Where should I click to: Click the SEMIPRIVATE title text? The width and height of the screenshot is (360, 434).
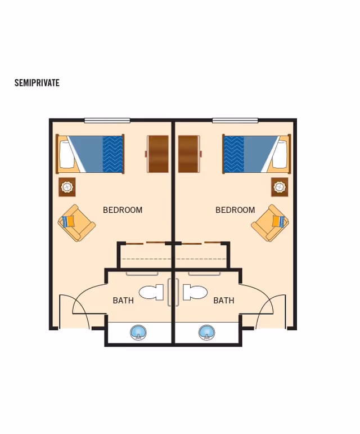(37, 83)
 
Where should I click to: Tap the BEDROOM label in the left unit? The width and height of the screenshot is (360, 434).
(123, 210)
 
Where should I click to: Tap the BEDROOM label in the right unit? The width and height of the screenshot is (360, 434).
(235, 210)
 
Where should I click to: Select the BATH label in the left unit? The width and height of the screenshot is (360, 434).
(123, 301)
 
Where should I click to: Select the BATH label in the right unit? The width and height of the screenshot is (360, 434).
(223, 301)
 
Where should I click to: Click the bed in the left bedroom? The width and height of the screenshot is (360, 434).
(90, 154)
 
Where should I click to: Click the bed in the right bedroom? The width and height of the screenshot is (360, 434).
(256, 154)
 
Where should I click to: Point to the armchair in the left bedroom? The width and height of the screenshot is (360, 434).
(76, 222)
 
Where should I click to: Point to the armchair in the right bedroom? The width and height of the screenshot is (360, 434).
(270, 222)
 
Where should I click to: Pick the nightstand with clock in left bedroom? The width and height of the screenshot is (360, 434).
(67, 187)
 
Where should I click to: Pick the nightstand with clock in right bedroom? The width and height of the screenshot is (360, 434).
(280, 187)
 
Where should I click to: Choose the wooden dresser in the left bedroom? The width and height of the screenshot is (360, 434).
(157, 154)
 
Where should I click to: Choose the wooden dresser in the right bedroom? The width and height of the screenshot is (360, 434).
(190, 154)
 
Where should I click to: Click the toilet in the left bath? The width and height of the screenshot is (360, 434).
(151, 292)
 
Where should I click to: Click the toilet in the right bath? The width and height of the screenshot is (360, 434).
(195, 292)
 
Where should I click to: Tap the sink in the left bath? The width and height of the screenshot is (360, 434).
(138, 332)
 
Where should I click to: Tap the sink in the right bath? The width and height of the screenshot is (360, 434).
(207, 332)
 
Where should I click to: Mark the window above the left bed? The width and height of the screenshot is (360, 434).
(107, 120)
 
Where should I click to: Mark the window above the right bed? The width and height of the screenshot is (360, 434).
(235, 120)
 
